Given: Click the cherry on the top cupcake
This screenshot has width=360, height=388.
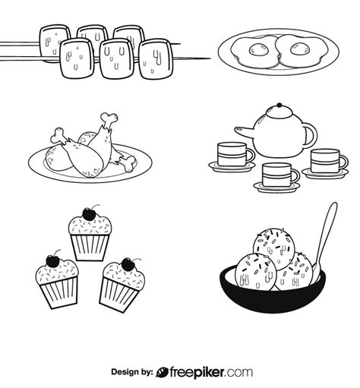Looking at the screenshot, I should (x=93, y=213).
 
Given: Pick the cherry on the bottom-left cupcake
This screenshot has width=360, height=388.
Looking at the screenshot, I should (x=53, y=260).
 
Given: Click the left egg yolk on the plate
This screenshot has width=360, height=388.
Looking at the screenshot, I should (x=257, y=50).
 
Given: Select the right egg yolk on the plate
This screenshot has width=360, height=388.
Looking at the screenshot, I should (x=293, y=50).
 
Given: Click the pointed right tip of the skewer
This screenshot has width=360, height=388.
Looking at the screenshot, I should (x=208, y=58).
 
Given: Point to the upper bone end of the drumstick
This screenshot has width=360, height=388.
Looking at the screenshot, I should (x=109, y=118).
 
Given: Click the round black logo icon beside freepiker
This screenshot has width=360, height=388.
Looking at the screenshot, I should (x=163, y=373).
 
